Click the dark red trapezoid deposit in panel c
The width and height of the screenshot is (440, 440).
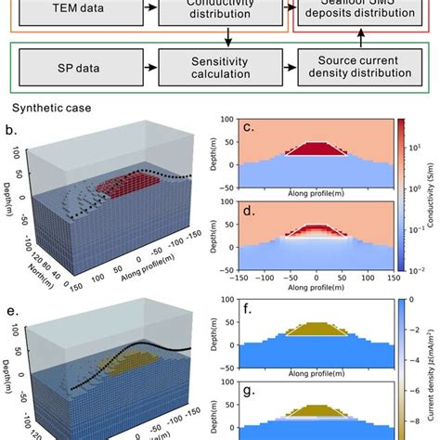(x=317, y=149)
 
